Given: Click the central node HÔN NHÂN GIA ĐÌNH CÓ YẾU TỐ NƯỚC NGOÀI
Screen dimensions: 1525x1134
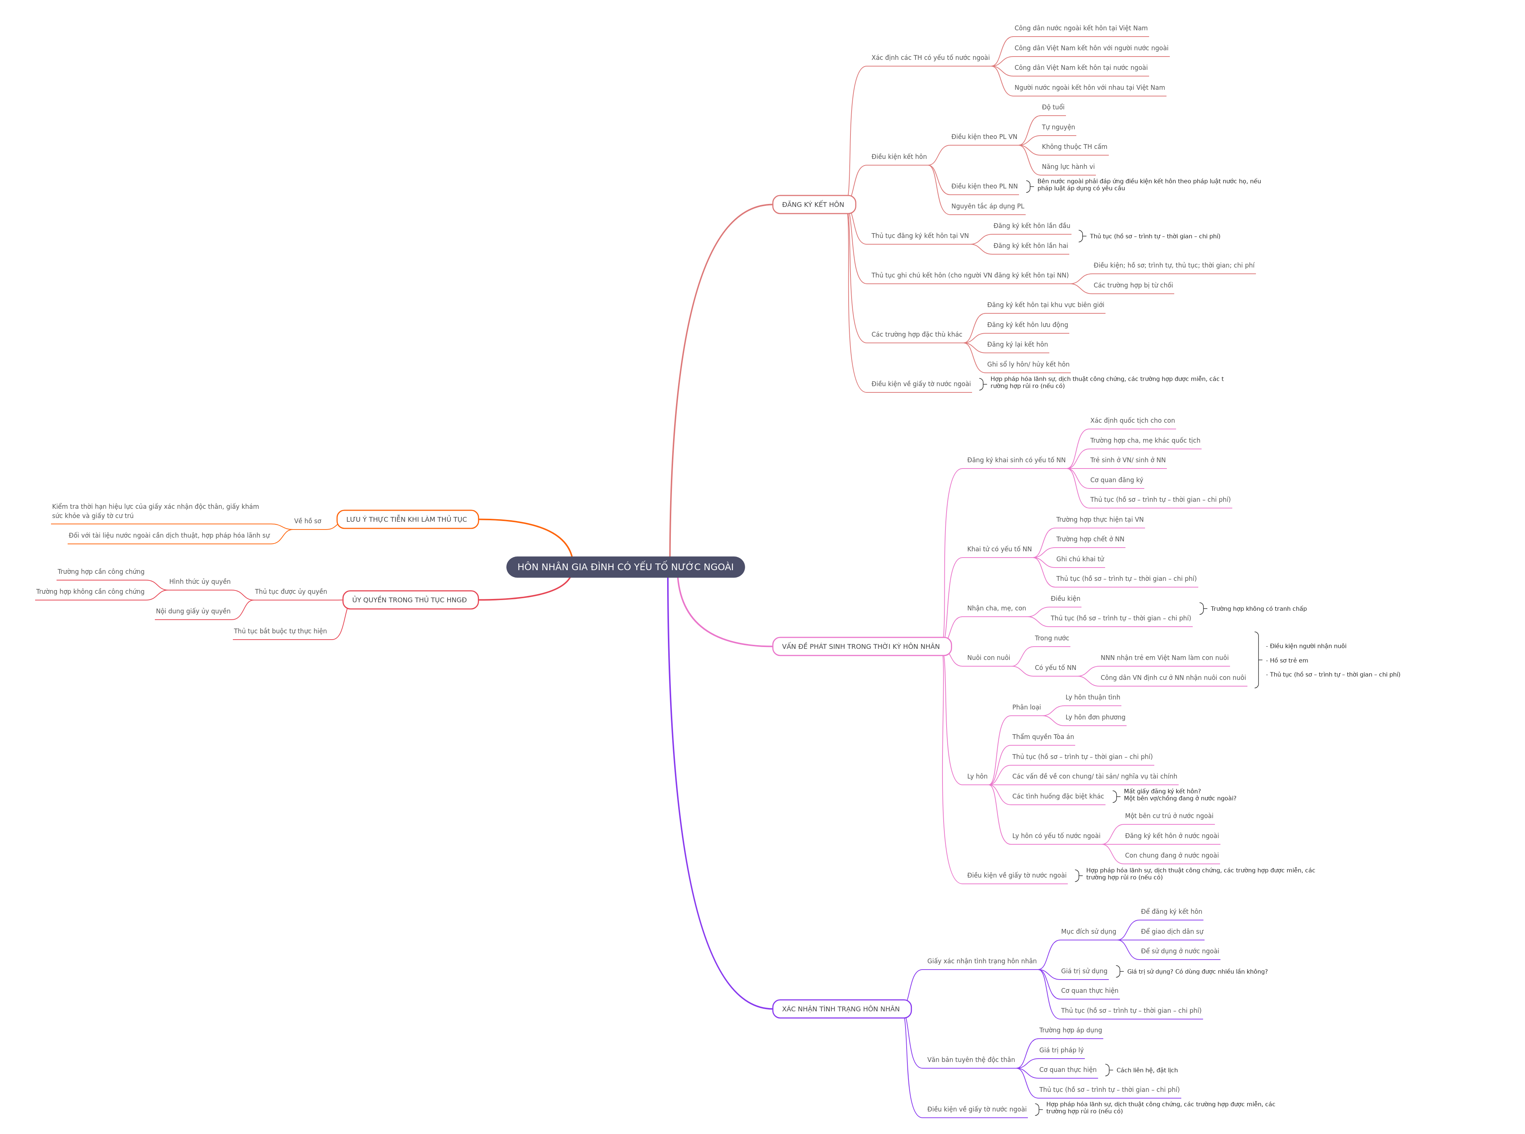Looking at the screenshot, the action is point(625,567).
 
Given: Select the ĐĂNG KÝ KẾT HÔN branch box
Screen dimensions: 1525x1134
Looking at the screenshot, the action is point(814,205).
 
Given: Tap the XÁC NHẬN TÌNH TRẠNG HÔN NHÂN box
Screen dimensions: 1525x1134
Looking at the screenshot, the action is point(841,1009).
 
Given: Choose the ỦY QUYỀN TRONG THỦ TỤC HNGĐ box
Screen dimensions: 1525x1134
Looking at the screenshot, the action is point(410,600).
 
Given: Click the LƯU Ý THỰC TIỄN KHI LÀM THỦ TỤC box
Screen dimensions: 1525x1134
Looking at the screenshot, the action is point(407,520).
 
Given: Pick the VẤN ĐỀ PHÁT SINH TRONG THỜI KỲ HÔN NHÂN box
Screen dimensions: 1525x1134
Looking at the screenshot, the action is point(861,647).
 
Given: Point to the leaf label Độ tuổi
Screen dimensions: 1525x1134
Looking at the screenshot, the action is point(1053,107).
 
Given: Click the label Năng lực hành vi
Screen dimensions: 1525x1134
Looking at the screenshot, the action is point(1068,167).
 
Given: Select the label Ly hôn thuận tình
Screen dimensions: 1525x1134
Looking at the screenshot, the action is point(1093,697).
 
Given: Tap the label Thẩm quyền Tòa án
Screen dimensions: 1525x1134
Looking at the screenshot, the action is point(1042,737).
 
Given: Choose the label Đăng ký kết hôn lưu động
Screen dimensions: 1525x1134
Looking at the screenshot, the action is point(1027,325).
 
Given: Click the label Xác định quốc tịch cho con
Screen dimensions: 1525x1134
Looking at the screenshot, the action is point(1132,421).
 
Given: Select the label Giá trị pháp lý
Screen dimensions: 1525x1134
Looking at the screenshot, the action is point(1061,1050).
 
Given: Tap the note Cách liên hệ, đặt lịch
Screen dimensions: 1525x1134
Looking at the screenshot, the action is point(1147,1070).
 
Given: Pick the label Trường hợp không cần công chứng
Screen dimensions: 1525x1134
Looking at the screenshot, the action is point(90,592).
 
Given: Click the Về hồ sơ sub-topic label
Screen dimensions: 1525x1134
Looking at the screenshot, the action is point(308,521).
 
